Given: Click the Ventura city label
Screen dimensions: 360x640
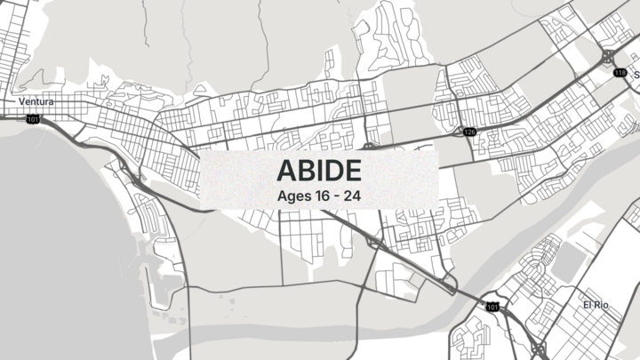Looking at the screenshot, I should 36,102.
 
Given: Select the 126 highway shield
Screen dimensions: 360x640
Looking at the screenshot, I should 469,132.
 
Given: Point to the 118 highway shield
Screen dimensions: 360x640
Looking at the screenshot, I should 620,72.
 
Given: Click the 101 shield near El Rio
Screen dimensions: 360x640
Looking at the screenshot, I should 492,307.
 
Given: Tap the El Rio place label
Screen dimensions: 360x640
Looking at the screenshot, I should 595,305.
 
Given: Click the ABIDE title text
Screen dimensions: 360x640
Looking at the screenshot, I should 318,170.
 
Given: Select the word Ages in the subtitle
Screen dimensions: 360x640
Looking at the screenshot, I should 294,193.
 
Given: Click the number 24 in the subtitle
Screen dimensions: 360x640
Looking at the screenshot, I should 352,193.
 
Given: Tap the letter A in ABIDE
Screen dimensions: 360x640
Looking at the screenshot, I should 287,170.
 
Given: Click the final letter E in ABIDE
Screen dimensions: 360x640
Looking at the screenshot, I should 351,170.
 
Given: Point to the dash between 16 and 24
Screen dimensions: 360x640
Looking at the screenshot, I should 338,193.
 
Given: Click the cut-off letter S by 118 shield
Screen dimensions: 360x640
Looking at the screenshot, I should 636,76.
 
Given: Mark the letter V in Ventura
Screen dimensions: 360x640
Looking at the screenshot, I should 22,102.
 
